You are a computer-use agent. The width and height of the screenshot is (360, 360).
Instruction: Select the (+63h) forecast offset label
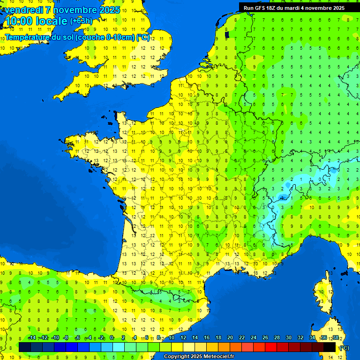coord(81,21)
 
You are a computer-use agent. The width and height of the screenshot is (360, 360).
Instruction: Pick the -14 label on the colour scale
coord(32,338)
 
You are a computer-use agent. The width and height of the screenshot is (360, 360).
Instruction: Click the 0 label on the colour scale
coord(112,338)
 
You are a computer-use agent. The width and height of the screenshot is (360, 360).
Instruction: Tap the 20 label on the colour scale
coord(230,338)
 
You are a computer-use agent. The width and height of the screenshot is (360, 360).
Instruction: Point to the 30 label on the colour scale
coord(288,338)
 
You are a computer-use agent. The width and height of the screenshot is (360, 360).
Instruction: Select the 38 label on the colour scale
coord(335,338)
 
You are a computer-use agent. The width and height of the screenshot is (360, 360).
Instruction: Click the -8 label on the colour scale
coord(66,338)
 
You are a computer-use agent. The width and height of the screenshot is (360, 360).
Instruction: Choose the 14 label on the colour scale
coord(195,338)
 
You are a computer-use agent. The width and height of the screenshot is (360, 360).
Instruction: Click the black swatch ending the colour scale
coord(330,347)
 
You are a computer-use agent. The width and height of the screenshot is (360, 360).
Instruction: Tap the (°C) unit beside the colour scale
coord(345,348)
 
